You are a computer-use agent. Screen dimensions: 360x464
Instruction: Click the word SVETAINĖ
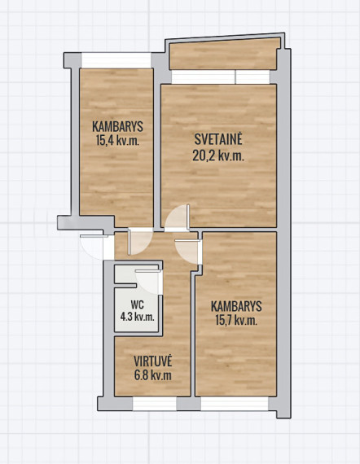[218, 139]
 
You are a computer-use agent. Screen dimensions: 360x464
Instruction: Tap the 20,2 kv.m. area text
[218, 155]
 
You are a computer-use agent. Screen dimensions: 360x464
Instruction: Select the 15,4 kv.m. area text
[117, 140]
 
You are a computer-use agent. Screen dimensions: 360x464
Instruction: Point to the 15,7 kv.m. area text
[236, 320]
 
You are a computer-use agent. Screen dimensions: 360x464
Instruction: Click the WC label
[137, 304]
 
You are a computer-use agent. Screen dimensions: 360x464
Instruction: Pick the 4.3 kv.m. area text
[137, 317]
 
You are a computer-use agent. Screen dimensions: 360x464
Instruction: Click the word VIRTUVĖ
[153, 361]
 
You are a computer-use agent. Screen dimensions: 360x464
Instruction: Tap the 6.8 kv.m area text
[153, 375]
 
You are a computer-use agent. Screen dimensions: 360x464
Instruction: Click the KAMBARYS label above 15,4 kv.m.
[117, 127]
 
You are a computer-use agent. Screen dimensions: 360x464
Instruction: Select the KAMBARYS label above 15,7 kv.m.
[236, 306]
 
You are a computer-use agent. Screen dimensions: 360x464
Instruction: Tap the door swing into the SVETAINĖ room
[178, 217]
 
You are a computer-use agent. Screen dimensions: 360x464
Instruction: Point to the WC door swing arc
[148, 282]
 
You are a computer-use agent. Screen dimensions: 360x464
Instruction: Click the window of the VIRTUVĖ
[154, 404]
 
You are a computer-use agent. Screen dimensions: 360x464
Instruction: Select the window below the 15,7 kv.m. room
[235, 404]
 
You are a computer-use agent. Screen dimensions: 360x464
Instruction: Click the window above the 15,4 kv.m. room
[116, 60]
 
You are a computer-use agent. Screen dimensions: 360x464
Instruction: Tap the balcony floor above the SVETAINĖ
[225, 55]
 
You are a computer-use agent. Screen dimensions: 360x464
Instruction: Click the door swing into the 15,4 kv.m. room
[140, 242]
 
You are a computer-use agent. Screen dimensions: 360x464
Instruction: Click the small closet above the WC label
[125, 274]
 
